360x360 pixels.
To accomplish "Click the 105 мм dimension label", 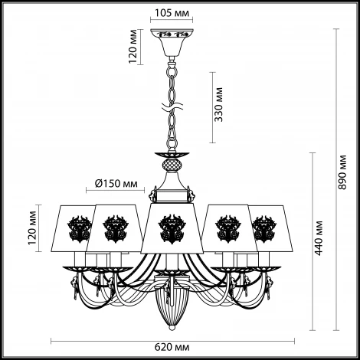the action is [172, 13].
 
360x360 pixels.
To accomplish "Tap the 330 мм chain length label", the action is [218, 105].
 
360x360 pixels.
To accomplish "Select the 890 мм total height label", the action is [342, 172].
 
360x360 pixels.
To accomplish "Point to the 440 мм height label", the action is [319, 238].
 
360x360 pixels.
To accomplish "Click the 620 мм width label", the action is [172, 347].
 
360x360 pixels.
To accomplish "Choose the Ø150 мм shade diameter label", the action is [116, 184].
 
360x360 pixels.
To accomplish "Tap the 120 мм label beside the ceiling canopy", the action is [133, 47].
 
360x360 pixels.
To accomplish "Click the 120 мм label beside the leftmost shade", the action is [32, 228].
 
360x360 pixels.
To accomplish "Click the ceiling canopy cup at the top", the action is [172, 43].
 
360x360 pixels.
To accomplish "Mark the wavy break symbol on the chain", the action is [172, 107].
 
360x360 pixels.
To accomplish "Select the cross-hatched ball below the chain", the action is [172, 165].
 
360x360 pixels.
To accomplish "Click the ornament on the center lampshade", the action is [172, 229].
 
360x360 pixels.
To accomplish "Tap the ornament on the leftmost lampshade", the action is [79, 229].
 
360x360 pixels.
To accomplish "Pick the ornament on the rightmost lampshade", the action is [264, 229].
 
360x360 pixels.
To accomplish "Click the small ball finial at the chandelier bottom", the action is [172, 327].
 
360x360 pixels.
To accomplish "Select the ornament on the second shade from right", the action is [228, 229].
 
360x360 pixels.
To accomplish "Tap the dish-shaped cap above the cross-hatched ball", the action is [172, 155].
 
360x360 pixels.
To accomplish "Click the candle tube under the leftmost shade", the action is [80, 259].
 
